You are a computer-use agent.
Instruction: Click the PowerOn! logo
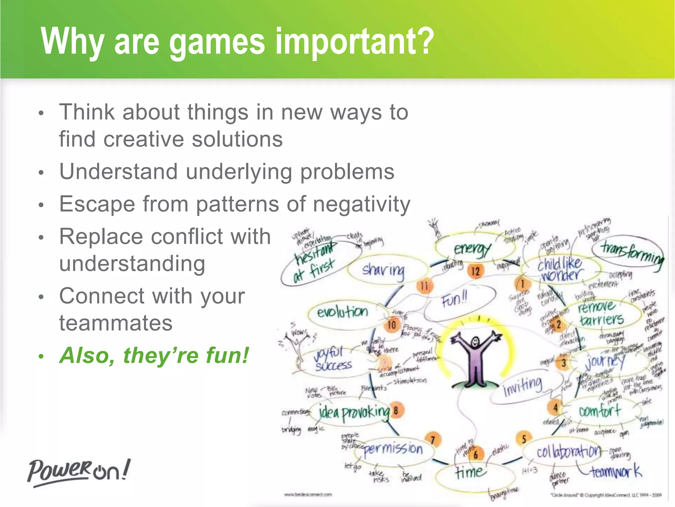[x=79, y=472]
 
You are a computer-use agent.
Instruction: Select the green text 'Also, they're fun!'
[x=154, y=355]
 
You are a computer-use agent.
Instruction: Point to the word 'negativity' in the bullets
[x=362, y=204]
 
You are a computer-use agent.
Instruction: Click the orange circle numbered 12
[x=476, y=271]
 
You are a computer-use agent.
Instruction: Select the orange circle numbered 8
[x=396, y=411]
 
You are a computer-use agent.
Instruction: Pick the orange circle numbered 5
[x=524, y=439]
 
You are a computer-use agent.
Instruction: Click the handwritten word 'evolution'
[x=342, y=312]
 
